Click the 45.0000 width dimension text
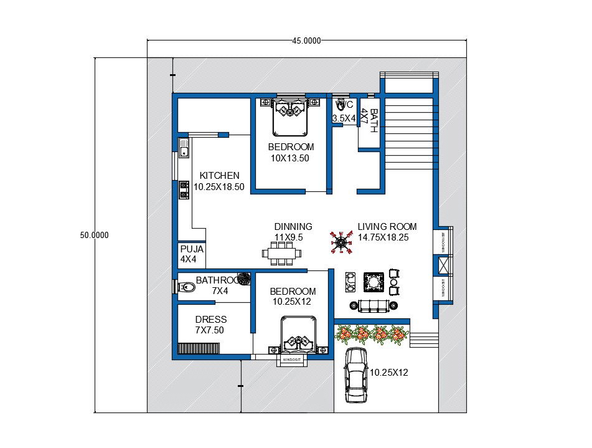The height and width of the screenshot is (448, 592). [306, 41]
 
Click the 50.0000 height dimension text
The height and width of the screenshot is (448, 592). [95, 235]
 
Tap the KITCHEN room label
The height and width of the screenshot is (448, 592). [219, 176]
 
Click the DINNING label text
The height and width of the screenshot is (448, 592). [293, 227]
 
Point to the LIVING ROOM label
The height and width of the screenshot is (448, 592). [387, 227]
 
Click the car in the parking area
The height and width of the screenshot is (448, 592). [355, 374]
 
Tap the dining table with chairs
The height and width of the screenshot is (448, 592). [283, 253]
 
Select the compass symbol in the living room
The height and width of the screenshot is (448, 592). [340, 242]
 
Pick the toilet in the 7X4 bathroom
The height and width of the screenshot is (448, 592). [185, 287]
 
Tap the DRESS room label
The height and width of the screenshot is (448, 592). [210, 320]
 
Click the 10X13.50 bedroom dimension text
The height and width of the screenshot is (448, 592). [290, 158]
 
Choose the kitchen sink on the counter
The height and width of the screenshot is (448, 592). [184, 148]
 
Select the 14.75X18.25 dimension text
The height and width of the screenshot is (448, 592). [383, 237]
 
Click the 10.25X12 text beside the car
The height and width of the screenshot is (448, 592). [388, 372]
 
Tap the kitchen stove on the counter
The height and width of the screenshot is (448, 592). [184, 189]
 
